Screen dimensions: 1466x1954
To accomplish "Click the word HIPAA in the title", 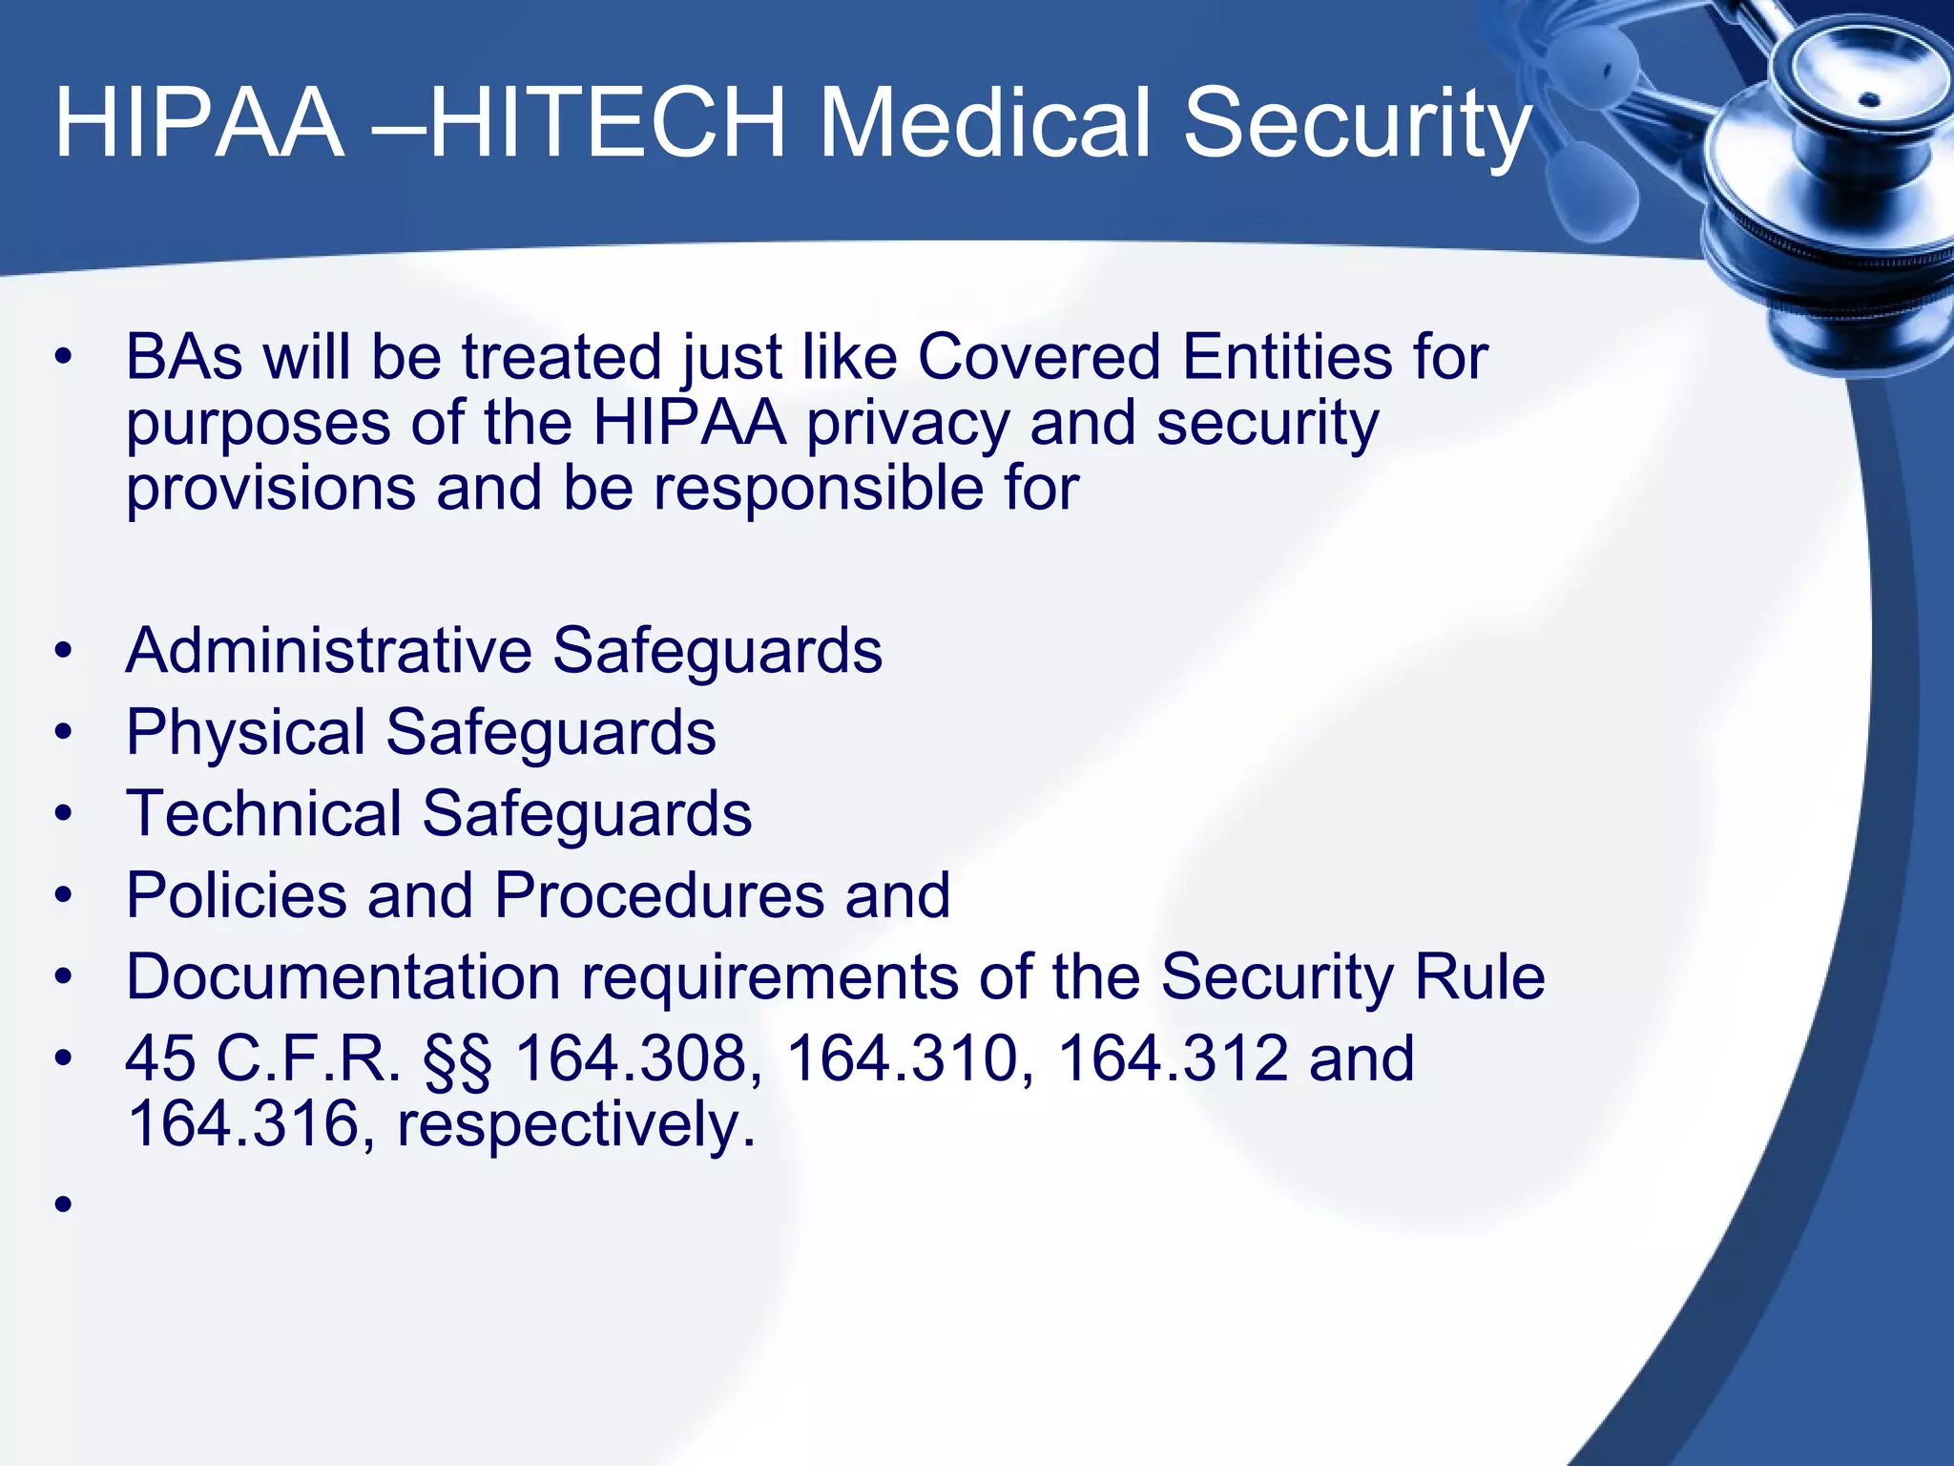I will tap(198, 124).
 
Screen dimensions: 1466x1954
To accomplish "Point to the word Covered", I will tap(1038, 358).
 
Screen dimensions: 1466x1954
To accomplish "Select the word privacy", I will tap(907, 425).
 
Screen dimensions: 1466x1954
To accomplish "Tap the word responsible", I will tap(820, 489).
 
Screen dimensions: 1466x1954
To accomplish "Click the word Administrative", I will tap(328, 652).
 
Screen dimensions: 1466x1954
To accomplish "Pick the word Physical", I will tap(245, 733).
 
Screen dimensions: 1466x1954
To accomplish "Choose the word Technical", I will tap(263, 814).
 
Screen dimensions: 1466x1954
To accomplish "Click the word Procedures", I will tap(658, 896).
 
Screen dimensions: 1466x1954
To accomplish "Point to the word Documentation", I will tap(343, 977).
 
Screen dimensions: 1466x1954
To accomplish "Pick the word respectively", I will tap(575, 1124).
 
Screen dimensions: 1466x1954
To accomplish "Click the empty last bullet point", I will tap(64, 1204).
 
